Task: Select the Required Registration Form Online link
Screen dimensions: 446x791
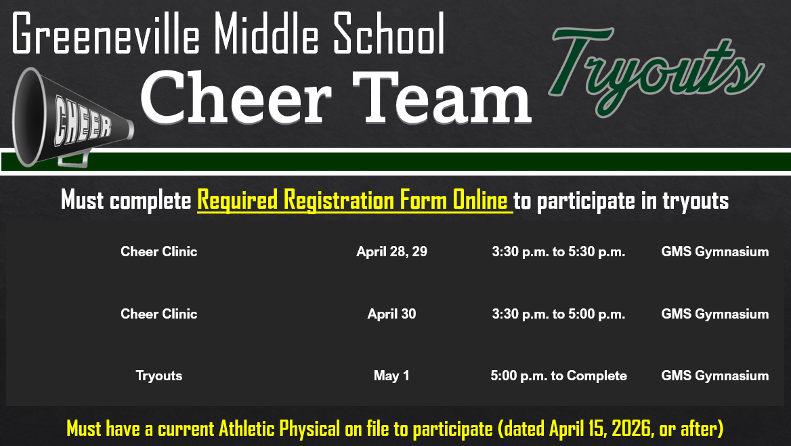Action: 354,201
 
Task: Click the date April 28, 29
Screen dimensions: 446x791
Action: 391,251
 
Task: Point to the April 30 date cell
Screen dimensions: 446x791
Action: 391,314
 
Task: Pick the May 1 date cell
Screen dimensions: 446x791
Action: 391,376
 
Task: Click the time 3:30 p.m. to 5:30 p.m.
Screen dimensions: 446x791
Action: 558,252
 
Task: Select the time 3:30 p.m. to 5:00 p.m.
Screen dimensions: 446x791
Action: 558,314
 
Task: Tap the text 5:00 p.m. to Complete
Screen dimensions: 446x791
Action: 558,376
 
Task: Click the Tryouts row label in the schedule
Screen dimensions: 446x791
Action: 158,376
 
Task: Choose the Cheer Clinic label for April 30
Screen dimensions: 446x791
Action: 158,314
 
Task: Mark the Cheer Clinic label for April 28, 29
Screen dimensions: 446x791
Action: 158,251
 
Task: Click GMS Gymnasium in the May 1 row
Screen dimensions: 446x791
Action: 714,376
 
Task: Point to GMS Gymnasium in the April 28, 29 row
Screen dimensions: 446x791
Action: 714,252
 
